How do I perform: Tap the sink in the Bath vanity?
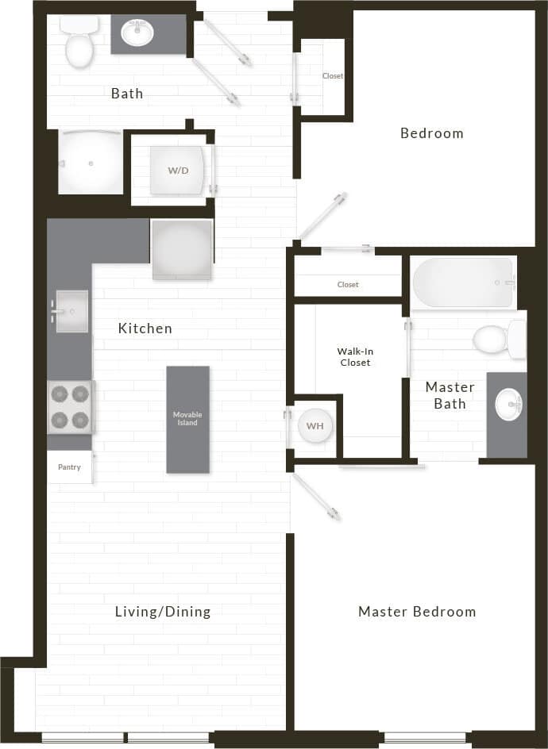click(x=138, y=34)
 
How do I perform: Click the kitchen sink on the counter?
click(x=71, y=311)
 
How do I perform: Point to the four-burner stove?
click(x=71, y=407)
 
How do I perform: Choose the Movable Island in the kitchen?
click(x=188, y=419)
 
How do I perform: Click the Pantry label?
click(x=69, y=467)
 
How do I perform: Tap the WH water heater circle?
click(x=315, y=426)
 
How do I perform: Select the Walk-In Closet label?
click(x=353, y=356)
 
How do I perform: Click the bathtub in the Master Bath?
click(x=463, y=282)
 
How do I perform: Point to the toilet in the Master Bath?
click(x=497, y=340)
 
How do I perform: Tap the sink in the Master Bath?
click(x=507, y=405)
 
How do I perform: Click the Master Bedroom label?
click(x=417, y=612)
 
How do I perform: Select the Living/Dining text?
click(x=163, y=612)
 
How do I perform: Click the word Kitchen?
click(x=145, y=328)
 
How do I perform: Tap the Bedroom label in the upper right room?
click(x=431, y=133)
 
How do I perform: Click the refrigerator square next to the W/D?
click(x=182, y=249)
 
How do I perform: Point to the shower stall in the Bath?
click(x=91, y=163)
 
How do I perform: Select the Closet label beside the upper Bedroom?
click(x=333, y=76)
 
